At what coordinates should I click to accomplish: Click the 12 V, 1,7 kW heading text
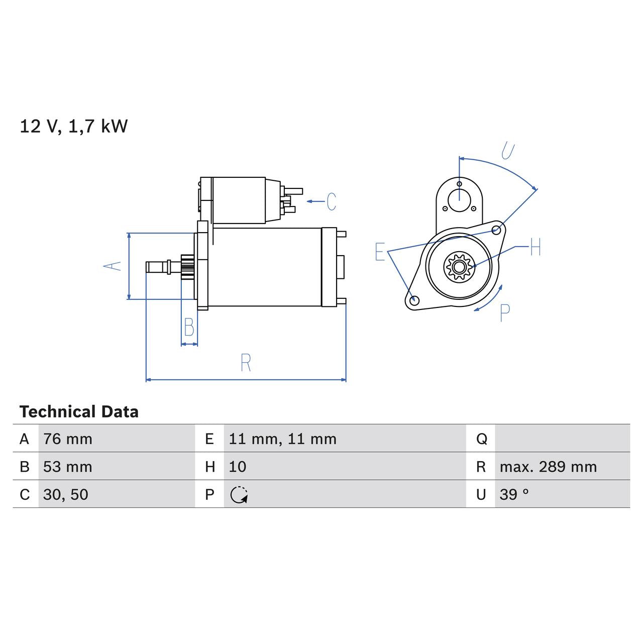point(73,126)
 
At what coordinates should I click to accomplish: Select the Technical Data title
point(79,412)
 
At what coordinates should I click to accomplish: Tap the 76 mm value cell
point(68,439)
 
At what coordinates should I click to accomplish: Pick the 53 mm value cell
point(68,467)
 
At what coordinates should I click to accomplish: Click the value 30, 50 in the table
point(66,494)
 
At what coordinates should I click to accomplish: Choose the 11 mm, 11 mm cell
point(282,439)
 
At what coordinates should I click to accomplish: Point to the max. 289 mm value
point(548,467)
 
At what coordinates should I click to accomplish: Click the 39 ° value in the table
point(514,494)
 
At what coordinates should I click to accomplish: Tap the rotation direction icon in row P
point(239,495)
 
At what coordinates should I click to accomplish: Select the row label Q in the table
point(481,439)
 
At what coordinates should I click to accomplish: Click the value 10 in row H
point(238,467)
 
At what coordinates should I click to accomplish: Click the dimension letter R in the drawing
point(246,363)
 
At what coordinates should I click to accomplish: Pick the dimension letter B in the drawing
point(189,328)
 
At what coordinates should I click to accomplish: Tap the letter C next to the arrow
point(331,201)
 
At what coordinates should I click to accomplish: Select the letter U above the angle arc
point(508,150)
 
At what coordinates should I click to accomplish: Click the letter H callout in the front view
point(535,247)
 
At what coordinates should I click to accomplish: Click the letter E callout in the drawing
point(380,252)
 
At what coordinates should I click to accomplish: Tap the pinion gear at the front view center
point(458,266)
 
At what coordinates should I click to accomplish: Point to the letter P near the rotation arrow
point(505,312)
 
